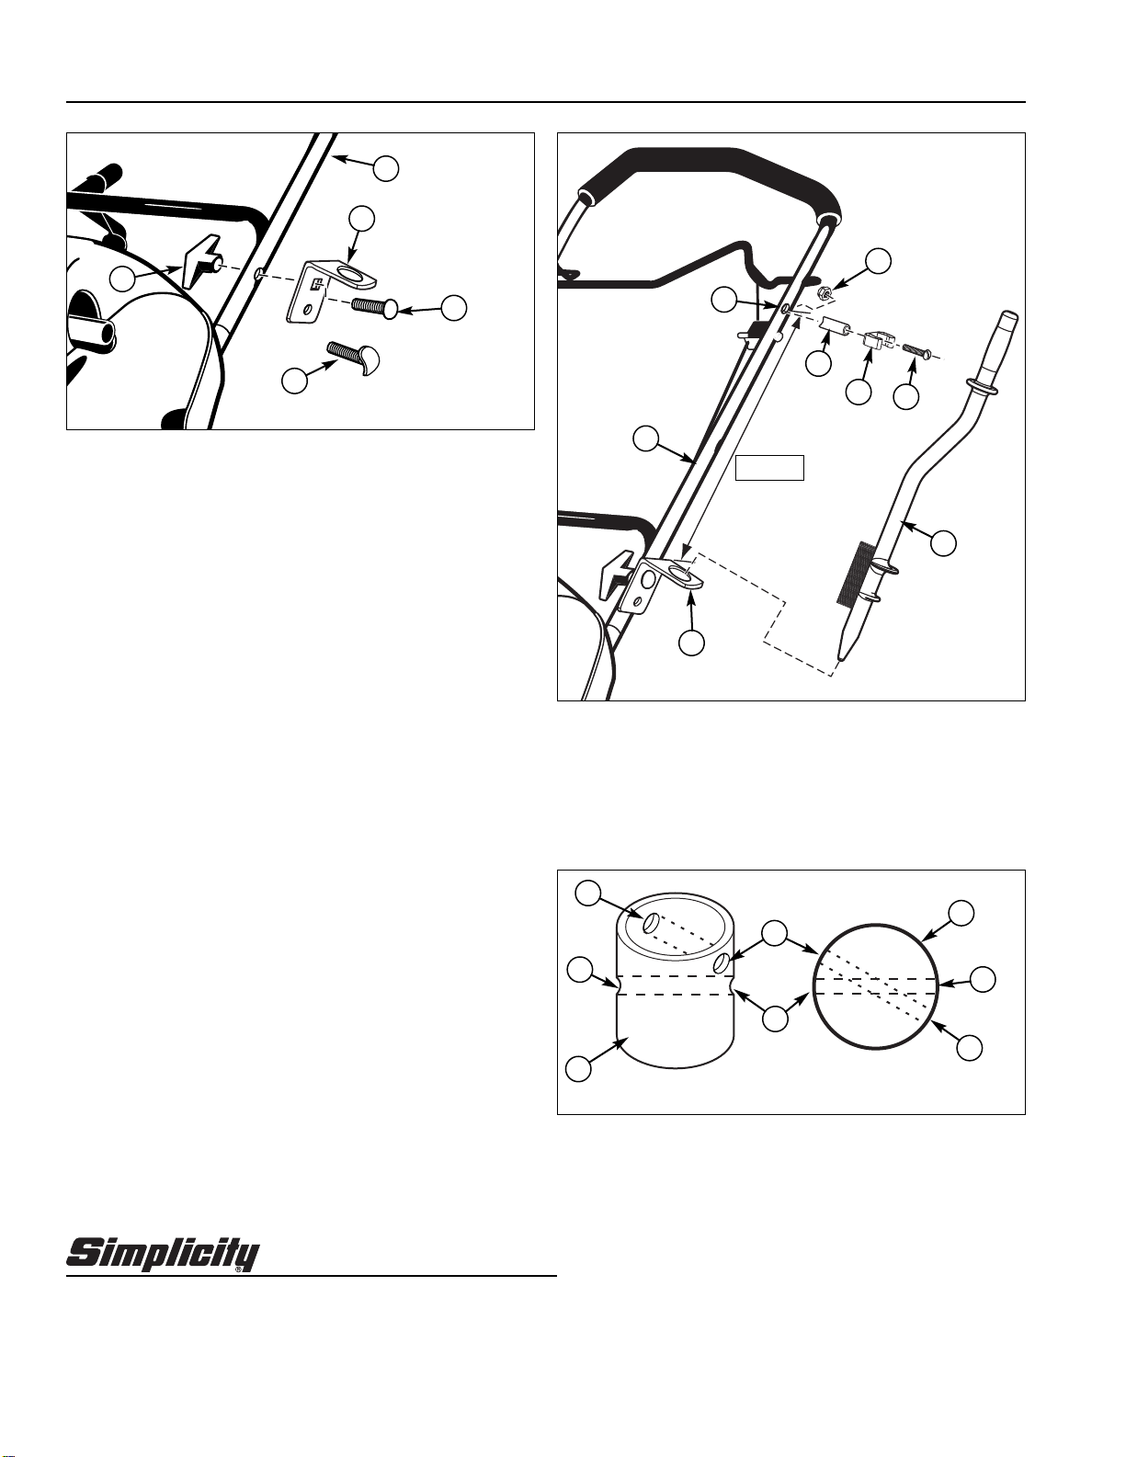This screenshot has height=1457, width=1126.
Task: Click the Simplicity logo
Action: click(163, 1255)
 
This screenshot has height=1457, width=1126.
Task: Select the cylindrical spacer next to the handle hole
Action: click(834, 328)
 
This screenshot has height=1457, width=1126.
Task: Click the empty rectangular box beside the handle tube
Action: click(770, 468)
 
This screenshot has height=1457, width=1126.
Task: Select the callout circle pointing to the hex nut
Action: click(881, 260)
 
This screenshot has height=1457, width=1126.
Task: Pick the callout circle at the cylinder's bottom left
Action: click(578, 1068)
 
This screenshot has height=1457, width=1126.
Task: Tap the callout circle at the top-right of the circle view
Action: click(961, 913)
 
